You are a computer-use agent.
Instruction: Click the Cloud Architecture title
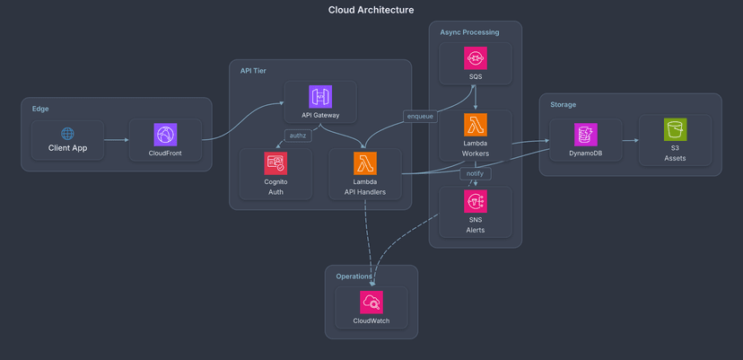click(x=371, y=10)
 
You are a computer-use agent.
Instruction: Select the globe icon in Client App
click(x=67, y=133)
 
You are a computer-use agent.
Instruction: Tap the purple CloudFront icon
click(x=165, y=135)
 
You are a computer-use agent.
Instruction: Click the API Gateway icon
click(x=320, y=97)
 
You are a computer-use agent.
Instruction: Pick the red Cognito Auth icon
click(x=275, y=163)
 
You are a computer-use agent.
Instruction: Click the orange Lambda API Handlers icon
click(x=365, y=163)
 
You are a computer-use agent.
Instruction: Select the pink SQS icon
click(x=476, y=58)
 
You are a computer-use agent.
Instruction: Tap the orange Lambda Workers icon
click(x=476, y=125)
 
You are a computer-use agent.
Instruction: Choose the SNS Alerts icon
click(x=476, y=201)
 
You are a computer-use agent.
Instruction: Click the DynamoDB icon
click(x=586, y=135)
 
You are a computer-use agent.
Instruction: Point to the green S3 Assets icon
click(x=675, y=130)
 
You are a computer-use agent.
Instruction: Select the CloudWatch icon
click(x=371, y=303)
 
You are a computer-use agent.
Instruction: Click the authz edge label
click(x=297, y=136)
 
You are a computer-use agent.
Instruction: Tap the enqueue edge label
click(x=421, y=116)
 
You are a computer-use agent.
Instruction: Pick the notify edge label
click(x=475, y=173)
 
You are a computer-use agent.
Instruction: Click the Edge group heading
click(x=40, y=109)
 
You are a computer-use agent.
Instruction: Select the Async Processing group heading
click(x=469, y=32)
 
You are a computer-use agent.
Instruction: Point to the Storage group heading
click(x=564, y=104)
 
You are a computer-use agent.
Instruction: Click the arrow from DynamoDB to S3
click(x=630, y=140)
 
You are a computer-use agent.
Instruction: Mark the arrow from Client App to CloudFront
click(x=116, y=140)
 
